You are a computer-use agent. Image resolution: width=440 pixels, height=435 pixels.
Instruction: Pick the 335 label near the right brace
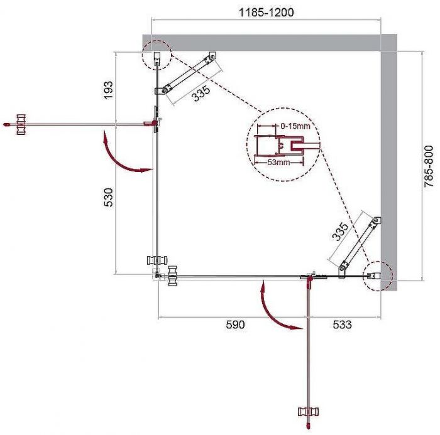click(338, 234)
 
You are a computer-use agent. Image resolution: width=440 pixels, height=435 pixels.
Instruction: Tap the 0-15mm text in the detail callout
click(295, 126)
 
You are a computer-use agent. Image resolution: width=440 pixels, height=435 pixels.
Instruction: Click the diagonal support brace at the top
click(187, 74)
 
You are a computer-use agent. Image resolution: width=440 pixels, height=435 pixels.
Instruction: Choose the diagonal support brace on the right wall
click(359, 245)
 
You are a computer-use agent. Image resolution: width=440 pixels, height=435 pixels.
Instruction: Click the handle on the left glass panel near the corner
click(155, 261)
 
